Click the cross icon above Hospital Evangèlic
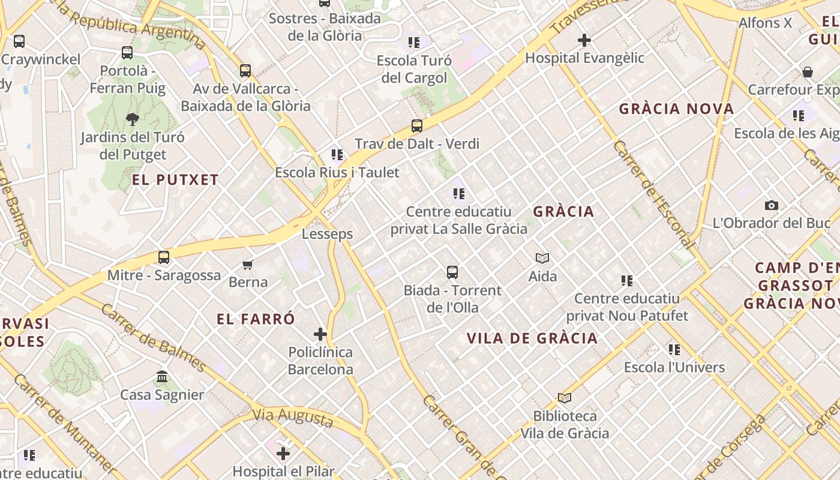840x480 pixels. pyautogui.click(x=584, y=40)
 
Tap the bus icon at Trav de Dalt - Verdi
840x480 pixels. pyautogui.click(x=416, y=126)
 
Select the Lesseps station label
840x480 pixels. pyautogui.click(x=327, y=234)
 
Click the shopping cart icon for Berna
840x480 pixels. pyautogui.click(x=248, y=265)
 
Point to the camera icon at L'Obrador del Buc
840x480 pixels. pyautogui.click(x=772, y=206)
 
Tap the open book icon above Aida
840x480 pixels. pyautogui.click(x=542, y=259)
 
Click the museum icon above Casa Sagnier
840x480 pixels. pyautogui.click(x=162, y=377)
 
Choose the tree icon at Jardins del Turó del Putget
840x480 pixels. pyautogui.click(x=133, y=119)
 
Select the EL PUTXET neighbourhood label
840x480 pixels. pyautogui.click(x=175, y=180)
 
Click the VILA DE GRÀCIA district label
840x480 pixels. pyautogui.click(x=532, y=338)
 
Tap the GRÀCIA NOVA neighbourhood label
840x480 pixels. pyautogui.click(x=676, y=109)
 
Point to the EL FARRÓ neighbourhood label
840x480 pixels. pyautogui.click(x=256, y=319)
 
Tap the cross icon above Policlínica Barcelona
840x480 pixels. pyautogui.click(x=320, y=334)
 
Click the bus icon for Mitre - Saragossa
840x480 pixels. pyautogui.click(x=164, y=257)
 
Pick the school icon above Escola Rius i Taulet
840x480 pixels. pyautogui.click(x=337, y=155)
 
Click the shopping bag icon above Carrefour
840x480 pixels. pyautogui.click(x=808, y=73)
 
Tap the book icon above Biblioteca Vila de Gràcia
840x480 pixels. pyautogui.click(x=564, y=398)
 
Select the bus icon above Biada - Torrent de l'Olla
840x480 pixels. pyautogui.click(x=452, y=272)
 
